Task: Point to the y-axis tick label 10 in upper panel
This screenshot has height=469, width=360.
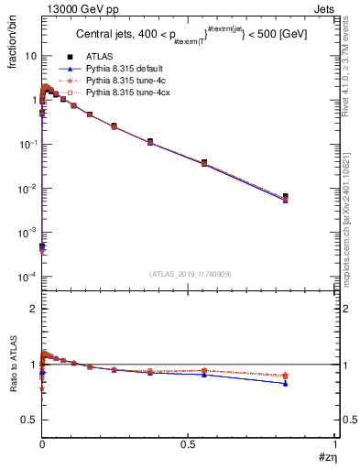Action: point(30,56)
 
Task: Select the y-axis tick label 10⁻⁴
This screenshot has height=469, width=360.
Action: point(27,277)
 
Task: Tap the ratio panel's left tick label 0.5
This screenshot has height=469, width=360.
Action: point(28,420)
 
